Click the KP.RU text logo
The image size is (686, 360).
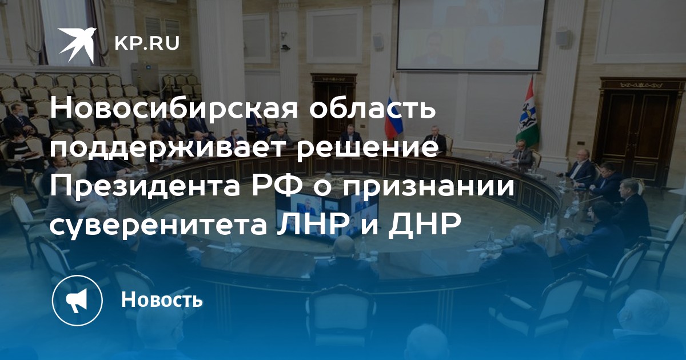(x=147, y=43)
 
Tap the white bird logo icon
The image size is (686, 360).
(x=77, y=45)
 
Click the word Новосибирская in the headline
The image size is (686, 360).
(x=174, y=109)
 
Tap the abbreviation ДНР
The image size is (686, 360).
(x=424, y=225)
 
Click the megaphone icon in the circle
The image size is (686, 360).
(x=77, y=300)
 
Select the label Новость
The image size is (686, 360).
(x=162, y=299)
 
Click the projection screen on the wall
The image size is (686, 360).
(x=471, y=35)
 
